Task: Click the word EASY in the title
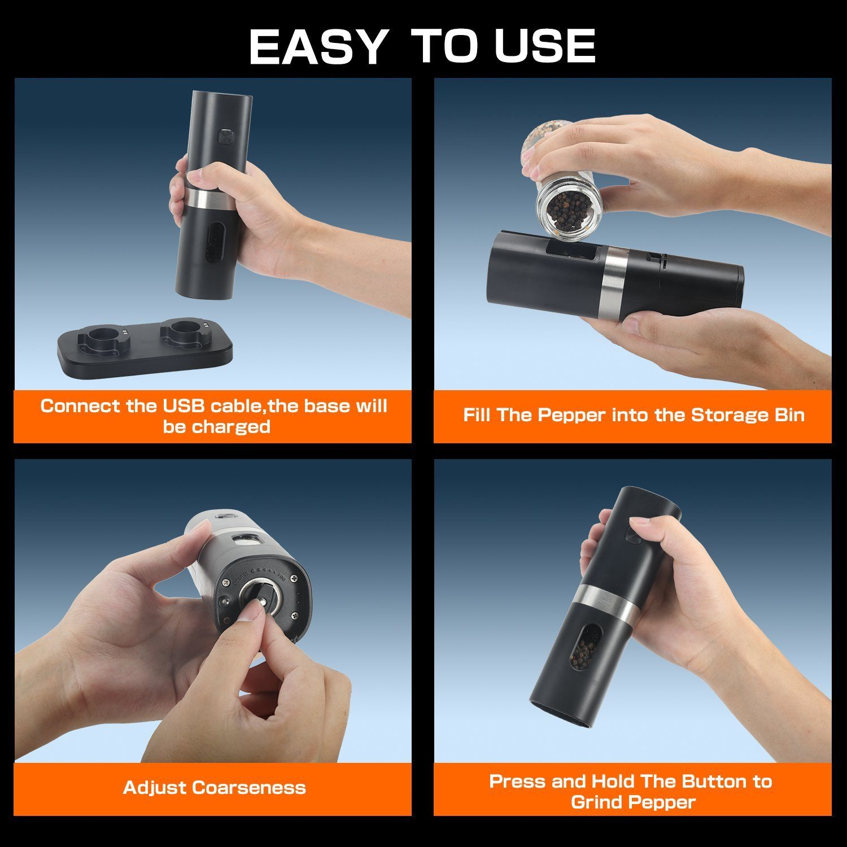(318, 46)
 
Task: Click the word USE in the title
(545, 46)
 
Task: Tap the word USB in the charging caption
(184, 406)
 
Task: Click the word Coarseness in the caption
(249, 788)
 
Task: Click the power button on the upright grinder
(226, 136)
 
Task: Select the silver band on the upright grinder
(208, 198)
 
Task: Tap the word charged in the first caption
(231, 427)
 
